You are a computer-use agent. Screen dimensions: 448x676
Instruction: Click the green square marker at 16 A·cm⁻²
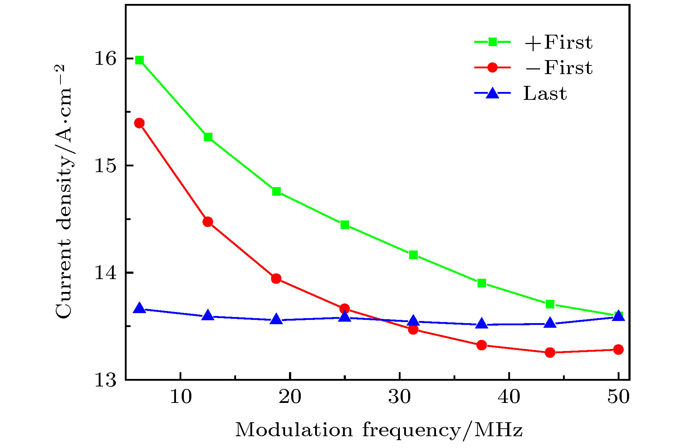coord(139,60)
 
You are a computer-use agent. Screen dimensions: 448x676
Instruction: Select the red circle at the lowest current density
coord(550,352)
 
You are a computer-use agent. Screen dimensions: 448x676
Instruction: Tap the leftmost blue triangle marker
coord(139,308)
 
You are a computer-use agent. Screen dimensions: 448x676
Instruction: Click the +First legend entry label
coord(558,42)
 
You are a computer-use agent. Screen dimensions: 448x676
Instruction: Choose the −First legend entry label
coord(558,68)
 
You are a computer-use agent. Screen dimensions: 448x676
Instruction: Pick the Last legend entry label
coord(545,93)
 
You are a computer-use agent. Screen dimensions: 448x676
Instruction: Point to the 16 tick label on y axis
coord(106,58)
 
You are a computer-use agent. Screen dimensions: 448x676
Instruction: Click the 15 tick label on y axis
coord(106,166)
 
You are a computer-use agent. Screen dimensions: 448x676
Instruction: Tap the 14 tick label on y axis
coord(106,273)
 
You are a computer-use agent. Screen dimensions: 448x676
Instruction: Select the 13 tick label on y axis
coord(106,380)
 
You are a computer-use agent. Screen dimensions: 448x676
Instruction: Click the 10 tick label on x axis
coord(181,397)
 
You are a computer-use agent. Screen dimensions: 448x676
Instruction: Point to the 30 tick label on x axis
coord(400,397)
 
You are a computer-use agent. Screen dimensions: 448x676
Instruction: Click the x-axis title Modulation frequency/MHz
coord(379,430)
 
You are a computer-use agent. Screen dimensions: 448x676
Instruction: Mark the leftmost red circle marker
coord(139,123)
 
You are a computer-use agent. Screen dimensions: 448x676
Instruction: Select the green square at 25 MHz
coord(345,225)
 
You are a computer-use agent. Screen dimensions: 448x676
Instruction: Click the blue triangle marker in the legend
coord(493,93)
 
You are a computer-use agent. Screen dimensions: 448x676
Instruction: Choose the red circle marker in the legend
coord(493,68)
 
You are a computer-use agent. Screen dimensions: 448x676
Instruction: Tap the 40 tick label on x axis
coord(509,397)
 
